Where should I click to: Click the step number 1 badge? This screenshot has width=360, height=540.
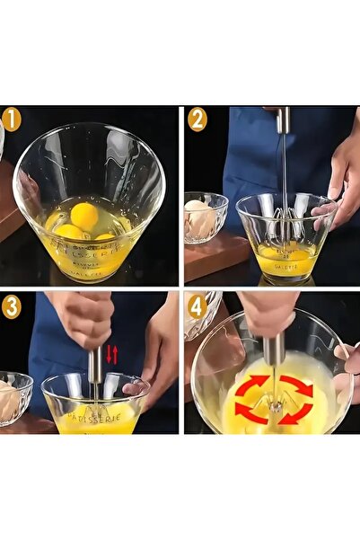pyautogui.click(x=12, y=120)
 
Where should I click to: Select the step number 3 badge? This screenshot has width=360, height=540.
pyautogui.click(x=12, y=305)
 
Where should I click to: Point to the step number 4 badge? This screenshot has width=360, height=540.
pyautogui.click(x=198, y=305)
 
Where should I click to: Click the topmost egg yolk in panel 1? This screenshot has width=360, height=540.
pyautogui.click(x=84, y=215)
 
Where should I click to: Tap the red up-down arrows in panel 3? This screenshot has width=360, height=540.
pyautogui.click(x=111, y=353)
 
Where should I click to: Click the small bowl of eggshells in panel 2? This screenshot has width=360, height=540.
pyautogui.click(x=205, y=216)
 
